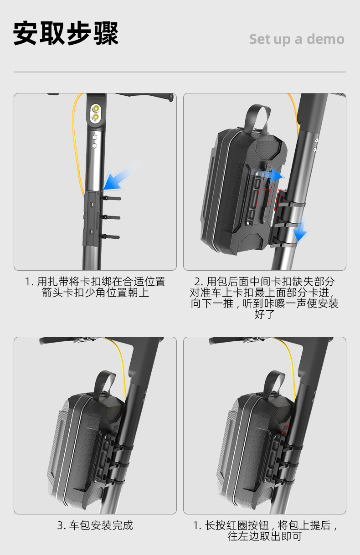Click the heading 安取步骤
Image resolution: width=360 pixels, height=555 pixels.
66,33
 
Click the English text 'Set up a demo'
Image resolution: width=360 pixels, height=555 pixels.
297,39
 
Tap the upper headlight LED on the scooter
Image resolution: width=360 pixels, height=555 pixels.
96,108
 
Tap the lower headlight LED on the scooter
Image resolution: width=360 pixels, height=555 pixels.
95,117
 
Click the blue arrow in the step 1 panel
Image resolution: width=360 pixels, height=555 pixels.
120,177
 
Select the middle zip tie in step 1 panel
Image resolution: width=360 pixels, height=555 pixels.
110,217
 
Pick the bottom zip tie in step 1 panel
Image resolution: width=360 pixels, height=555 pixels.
110,237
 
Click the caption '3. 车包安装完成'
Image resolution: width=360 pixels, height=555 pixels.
95,525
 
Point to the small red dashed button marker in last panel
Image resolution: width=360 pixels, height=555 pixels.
286,429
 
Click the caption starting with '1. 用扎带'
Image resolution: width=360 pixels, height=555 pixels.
95,287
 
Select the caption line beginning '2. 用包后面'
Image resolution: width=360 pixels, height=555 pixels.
264,282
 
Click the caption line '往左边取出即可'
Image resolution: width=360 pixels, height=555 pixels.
265,536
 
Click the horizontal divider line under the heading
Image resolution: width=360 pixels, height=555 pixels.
180,72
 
